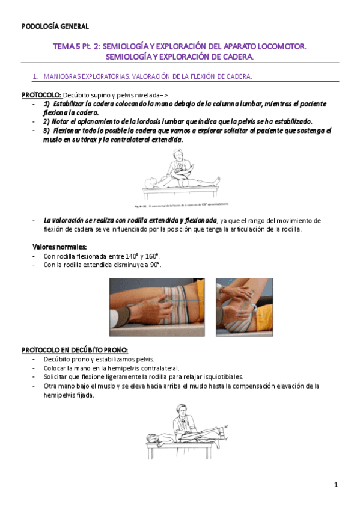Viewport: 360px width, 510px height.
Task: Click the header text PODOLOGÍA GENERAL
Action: click(55, 26)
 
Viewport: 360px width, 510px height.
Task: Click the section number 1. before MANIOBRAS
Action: click(35, 76)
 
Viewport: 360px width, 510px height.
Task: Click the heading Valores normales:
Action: click(59, 247)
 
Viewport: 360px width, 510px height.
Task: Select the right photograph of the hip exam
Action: click(243, 307)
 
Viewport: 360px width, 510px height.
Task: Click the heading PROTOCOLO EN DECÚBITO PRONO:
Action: click(75, 350)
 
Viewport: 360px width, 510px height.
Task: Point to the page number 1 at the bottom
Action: click(336, 485)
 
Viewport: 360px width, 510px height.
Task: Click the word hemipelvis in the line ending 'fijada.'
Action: click(59, 395)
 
